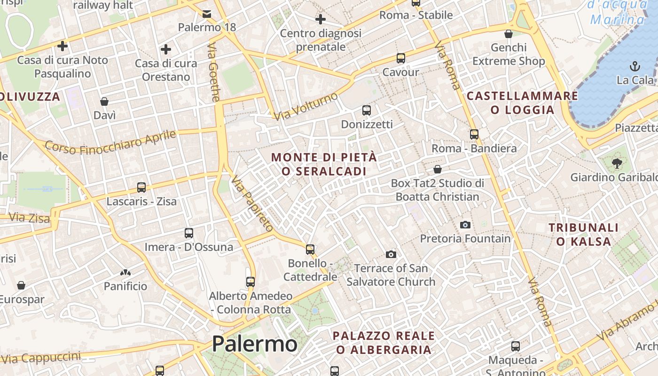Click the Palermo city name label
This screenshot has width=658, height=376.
pos(254,344)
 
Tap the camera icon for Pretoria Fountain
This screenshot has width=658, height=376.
pos(465,225)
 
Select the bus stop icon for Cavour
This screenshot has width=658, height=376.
pos(400,58)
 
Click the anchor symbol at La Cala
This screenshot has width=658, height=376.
pos(635,66)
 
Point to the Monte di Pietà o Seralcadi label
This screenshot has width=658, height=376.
pos(324,164)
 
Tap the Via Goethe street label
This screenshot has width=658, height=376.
pos(214,72)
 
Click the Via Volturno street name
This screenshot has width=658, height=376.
pos(306,106)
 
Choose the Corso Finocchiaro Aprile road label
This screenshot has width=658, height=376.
pos(110,141)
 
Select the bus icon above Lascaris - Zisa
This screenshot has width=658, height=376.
pos(141,188)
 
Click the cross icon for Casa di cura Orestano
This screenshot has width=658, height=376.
pos(165,49)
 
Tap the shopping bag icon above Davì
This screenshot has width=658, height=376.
pos(104,102)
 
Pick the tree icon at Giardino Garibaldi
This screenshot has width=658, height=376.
pos(617,164)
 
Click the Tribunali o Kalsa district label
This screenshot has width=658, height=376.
pos(584,235)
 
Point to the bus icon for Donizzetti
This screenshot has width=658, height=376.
pos(367,110)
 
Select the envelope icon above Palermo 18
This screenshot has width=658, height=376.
pos(207,14)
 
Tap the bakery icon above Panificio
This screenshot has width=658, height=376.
pos(125,272)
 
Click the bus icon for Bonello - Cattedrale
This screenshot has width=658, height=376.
pos(310,249)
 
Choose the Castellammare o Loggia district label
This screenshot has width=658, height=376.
pos(522,103)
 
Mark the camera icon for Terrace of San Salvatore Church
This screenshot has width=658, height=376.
pos(391,254)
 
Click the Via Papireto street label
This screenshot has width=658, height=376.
pos(252,204)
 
